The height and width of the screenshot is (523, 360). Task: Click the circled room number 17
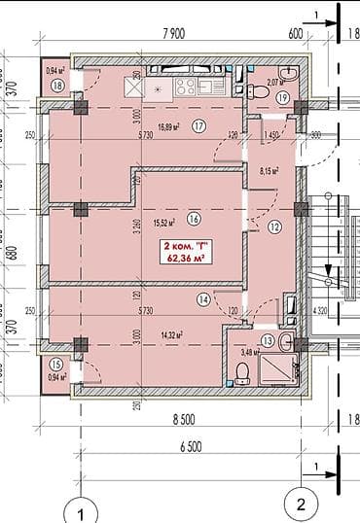(x=198, y=125)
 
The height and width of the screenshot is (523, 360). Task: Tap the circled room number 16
(x=195, y=219)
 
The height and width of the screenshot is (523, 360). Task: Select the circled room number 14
(x=203, y=300)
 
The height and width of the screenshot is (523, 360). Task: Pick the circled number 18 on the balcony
(x=58, y=86)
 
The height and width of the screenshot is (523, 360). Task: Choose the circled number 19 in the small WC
(x=282, y=96)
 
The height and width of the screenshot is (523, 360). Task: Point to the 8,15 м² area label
(x=270, y=171)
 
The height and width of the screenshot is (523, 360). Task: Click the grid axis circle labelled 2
(x=302, y=504)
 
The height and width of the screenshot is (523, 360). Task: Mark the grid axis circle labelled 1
(x=83, y=510)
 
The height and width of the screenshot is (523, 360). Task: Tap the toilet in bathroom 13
(x=243, y=370)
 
